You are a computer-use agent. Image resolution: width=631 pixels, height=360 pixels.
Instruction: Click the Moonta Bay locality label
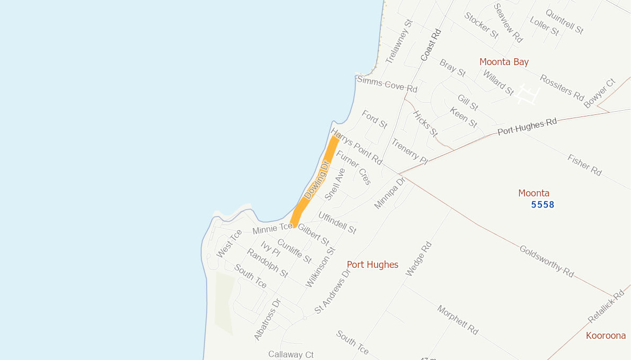pos(504,62)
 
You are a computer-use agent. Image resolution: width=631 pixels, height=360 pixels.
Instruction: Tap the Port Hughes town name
pos(372,265)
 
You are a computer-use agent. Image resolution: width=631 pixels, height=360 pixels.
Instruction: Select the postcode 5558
pos(543,204)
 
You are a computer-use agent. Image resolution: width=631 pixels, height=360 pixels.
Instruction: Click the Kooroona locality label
pos(606,336)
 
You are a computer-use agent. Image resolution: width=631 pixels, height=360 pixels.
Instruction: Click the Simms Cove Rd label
pos(387,84)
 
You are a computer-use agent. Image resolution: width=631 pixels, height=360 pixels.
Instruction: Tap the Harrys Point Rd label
pos(356,146)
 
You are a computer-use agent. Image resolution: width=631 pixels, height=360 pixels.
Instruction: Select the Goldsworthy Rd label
pos(546,261)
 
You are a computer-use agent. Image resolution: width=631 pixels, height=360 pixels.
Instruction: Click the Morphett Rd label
pos(458,320)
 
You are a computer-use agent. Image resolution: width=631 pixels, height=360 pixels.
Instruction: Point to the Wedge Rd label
pos(419,259)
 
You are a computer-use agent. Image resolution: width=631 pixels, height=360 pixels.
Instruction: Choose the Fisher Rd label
pos(584,165)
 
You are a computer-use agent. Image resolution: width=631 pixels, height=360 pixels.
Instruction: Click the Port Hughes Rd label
pos(527,127)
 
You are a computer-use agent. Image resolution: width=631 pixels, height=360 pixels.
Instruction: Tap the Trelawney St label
pos(398,42)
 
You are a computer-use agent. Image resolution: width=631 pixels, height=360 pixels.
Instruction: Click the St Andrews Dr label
pos(333,292)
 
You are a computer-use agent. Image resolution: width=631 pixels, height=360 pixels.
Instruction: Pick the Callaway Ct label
pos(291,354)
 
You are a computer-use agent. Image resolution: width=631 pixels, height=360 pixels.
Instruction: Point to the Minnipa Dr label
pos(389,193)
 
